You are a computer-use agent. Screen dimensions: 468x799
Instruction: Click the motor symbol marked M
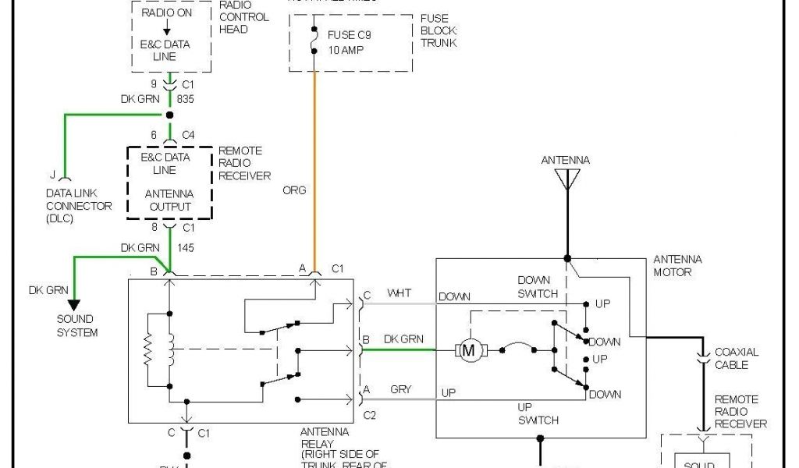(469, 350)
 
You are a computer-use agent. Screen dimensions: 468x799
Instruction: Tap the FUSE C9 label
(350, 36)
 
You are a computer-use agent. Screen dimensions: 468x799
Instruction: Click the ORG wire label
(296, 190)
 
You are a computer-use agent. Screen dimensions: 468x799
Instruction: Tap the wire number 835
(185, 100)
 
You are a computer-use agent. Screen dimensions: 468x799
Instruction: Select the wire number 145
(185, 248)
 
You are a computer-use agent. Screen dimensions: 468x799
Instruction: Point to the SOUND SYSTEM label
(76, 326)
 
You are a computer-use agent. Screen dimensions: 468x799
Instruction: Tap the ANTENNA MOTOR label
(677, 266)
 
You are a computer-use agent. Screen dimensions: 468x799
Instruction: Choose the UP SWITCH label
(538, 414)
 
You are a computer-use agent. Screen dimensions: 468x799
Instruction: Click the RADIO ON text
(165, 13)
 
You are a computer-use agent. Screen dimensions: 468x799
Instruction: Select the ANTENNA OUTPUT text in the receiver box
(170, 200)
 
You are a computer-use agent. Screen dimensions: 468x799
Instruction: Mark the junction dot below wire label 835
(169, 115)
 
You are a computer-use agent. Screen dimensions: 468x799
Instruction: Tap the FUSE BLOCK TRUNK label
(439, 30)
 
